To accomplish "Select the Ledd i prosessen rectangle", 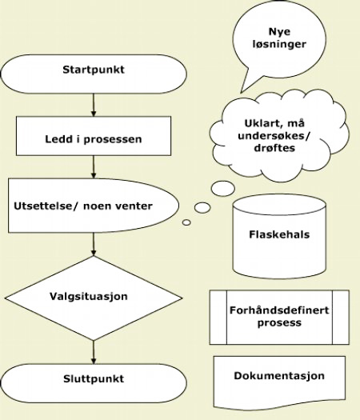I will (93, 138).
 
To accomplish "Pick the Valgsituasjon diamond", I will (94, 296).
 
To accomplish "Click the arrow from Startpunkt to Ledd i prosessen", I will (94, 105).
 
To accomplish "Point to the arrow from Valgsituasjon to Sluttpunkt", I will (94, 350).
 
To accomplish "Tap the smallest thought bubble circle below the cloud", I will (186, 222).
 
